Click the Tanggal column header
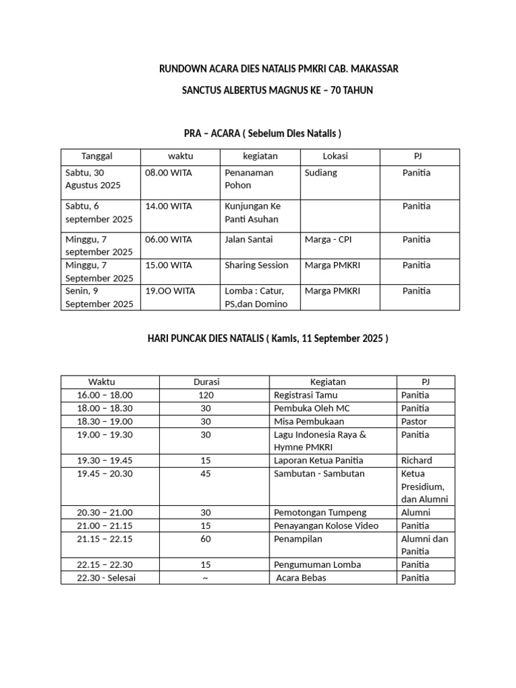click(97, 157)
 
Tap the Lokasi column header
click(335, 157)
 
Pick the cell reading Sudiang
click(321, 173)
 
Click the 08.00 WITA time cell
click(169, 173)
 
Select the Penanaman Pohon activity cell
click(249, 179)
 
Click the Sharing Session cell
click(257, 265)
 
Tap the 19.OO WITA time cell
click(170, 291)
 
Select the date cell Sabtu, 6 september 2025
click(99, 212)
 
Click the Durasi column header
click(206, 382)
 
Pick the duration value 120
click(206, 395)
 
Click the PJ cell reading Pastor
click(414, 421)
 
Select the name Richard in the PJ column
click(417, 461)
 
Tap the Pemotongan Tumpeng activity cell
click(316, 513)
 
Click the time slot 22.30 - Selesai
click(106, 578)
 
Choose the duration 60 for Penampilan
click(206, 539)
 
